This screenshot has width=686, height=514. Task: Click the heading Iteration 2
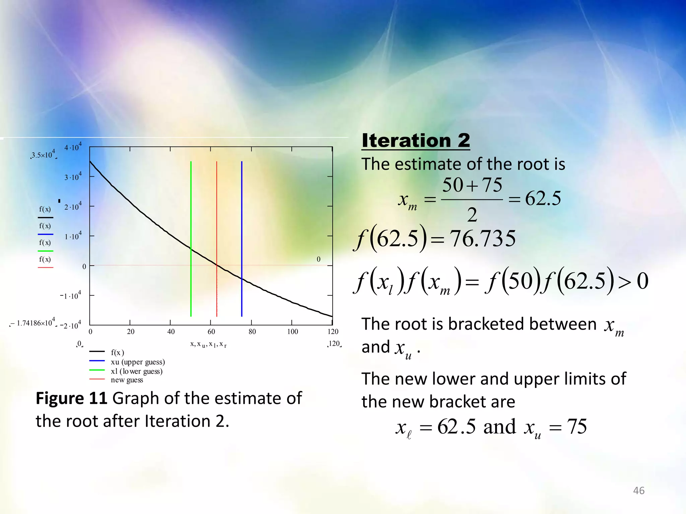pos(416,141)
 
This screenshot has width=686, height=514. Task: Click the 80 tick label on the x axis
pos(252,332)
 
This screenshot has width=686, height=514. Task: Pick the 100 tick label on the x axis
pos(292,332)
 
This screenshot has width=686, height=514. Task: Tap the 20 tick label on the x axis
pos(131,332)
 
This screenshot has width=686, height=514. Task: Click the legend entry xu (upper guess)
pos(138,362)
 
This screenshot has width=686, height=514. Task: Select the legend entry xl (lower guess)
pos(137,371)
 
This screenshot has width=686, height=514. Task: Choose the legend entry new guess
pos(127,380)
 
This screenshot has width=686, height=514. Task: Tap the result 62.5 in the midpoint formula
pos(543,198)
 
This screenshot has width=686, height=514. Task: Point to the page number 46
pos(638,491)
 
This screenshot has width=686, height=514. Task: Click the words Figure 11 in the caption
pos(71,398)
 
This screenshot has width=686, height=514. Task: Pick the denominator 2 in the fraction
pos(472,215)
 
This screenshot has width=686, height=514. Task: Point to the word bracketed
pos(522,324)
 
